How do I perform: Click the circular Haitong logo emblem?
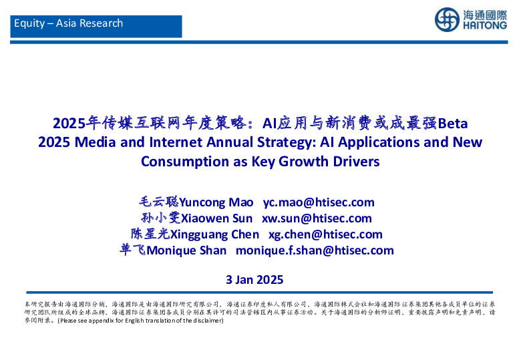tap(446, 19)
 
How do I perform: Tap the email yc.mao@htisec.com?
tap(319, 202)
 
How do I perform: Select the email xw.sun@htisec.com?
tap(317, 218)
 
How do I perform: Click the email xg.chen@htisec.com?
tap(325, 234)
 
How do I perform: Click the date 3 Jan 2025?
tap(255, 279)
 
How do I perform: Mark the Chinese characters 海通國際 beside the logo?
tap(484, 14)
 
